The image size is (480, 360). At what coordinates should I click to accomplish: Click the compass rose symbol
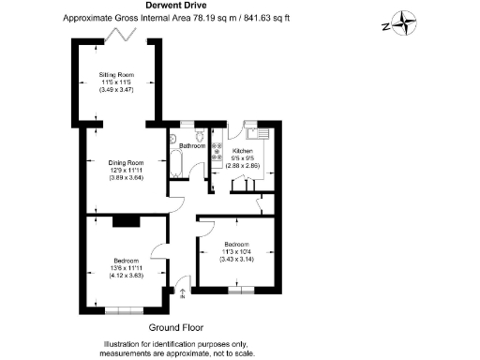click(x=403, y=22)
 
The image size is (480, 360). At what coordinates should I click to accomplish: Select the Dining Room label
click(x=126, y=162)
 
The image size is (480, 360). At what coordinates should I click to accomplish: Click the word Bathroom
click(x=192, y=146)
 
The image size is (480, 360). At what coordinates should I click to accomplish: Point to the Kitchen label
click(x=243, y=150)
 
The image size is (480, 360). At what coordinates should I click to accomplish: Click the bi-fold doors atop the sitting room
click(x=118, y=36)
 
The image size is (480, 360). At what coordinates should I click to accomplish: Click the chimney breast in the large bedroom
click(x=125, y=222)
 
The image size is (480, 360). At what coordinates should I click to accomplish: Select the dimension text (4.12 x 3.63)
click(x=126, y=276)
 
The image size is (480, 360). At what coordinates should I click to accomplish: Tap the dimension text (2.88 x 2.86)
click(x=243, y=166)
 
